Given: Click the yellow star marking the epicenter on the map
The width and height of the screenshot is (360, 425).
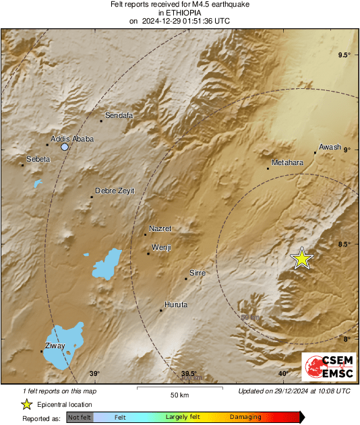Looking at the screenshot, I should (x=302, y=258).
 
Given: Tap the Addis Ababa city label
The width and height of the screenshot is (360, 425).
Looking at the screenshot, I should (x=72, y=139).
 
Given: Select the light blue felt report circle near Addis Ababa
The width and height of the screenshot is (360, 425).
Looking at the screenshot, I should (x=65, y=147).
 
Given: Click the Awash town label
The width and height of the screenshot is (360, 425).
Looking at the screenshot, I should (x=330, y=147).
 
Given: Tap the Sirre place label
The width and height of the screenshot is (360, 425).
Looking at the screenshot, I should (x=197, y=273).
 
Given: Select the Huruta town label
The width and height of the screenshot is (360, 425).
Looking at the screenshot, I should (x=176, y=305).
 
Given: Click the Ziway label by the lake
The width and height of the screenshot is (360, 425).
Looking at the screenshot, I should (x=55, y=346).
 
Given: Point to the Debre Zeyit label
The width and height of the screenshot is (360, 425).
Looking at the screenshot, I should (x=115, y=191).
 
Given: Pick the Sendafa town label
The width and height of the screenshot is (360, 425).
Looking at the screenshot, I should (x=119, y=115).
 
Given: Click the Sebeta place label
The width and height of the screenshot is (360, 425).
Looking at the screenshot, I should (x=38, y=160).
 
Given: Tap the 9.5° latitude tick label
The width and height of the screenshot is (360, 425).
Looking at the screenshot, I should (x=344, y=55).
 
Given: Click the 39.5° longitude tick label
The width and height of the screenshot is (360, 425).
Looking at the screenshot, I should (x=189, y=374).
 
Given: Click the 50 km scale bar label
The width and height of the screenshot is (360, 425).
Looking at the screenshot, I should (x=179, y=395).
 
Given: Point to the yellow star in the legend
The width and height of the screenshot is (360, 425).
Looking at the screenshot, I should (x=26, y=404).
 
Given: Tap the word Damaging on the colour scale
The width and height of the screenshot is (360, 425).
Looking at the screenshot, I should (x=245, y=418).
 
